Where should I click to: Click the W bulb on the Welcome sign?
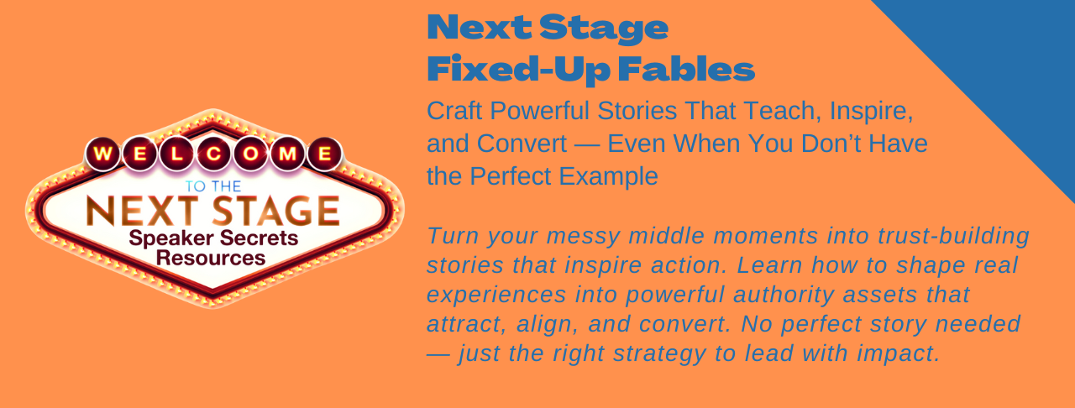(102, 154)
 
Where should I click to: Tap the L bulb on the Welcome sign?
(176, 154)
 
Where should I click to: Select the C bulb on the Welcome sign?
(213, 154)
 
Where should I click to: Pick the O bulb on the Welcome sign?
(250, 154)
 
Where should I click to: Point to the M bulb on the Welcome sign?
(287, 154)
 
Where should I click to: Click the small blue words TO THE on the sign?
(213, 186)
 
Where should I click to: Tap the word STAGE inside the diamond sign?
(276, 211)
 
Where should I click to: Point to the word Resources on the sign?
(211, 258)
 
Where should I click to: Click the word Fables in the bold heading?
(686, 69)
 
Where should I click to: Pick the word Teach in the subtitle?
(784, 112)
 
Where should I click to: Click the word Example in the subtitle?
(609, 176)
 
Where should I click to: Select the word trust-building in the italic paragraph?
(953, 236)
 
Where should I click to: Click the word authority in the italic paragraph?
(784, 296)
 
